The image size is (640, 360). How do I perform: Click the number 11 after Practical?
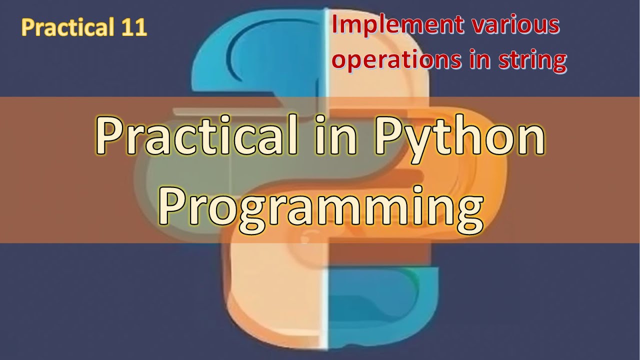click(133, 27)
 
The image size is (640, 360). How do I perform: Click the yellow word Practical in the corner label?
click(68, 28)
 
